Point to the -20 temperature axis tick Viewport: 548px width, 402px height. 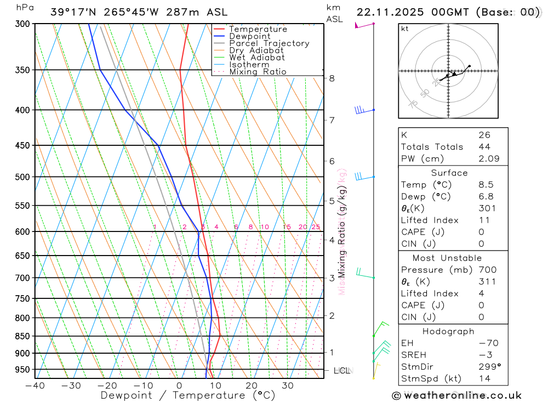tap(107, 386)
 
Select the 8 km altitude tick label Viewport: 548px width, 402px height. tap(332, 78)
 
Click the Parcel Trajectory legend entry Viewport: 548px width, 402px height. tap(269, 43)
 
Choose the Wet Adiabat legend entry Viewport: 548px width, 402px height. tap(256, 58)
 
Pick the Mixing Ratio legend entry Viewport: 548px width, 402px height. tap(258, 72)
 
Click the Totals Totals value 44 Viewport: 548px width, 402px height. tap(484, 147)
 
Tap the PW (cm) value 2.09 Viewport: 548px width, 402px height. tap(488, 159)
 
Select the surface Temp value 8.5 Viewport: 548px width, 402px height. tap(486, 185)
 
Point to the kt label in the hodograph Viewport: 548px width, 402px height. tap(405, 29)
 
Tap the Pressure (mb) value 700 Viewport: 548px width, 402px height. tap(487, 270)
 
